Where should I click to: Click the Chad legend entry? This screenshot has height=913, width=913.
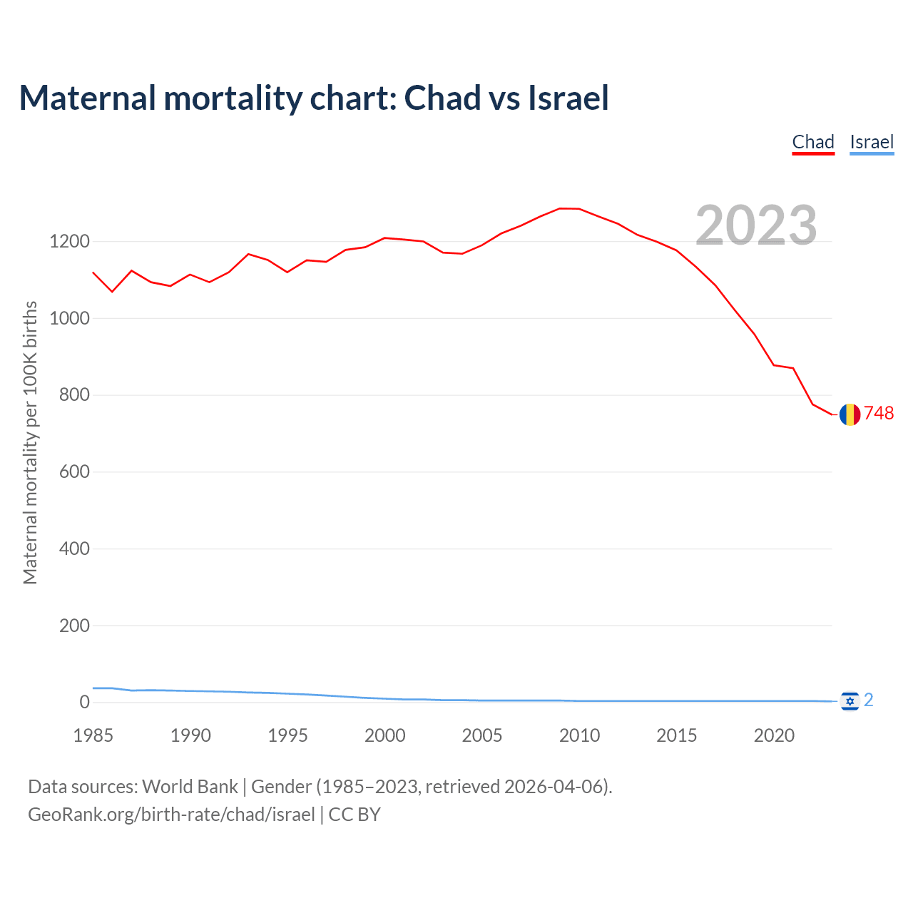point(813,142)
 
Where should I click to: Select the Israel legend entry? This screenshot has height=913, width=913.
point(872,142)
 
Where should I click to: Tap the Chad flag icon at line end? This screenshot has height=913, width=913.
point(850,414)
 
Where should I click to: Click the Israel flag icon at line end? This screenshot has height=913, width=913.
point(850,702)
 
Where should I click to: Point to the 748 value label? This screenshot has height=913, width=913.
point(879,414)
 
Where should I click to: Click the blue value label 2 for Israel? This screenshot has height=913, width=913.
point(869,700)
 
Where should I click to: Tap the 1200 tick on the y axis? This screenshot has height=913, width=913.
point(69,242)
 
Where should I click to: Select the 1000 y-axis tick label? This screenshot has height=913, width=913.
point(69,319)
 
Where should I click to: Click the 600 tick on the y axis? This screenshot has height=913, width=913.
point(74,472)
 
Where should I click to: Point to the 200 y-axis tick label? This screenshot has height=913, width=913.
point(74,626)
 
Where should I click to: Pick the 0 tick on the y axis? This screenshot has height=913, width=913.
point(85,703)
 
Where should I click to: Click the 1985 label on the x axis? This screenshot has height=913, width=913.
point(93,735)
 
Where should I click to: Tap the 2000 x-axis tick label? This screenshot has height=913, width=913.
point(385,735)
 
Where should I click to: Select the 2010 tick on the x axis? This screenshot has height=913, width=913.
point(579,735)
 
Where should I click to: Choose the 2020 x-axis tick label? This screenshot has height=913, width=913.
point(774,735)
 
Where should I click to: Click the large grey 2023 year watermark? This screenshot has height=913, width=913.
point(756,225)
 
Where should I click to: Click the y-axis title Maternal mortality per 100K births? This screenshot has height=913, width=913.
point(30,442)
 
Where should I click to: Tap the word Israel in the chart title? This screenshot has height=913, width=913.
point(568,98)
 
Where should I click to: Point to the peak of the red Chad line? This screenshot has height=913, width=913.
point(560,208)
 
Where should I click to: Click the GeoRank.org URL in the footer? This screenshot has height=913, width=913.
point(171,815)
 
